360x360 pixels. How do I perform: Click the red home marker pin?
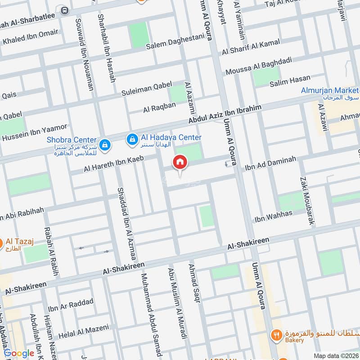(180, 162)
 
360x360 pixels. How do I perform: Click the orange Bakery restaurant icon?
(276, 335)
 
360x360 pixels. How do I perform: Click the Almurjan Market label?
(329, 90)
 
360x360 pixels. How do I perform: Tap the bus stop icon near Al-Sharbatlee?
(65, 10)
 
